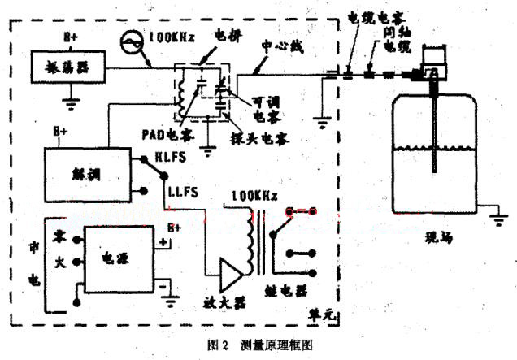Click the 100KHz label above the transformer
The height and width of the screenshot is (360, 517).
tap(254, 196)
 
